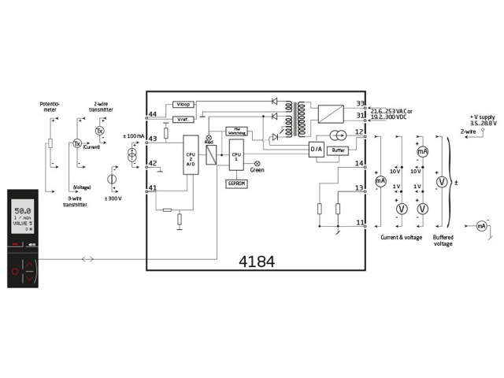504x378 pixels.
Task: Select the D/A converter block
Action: click(316, 149)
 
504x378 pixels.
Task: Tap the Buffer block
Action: click(339, 149)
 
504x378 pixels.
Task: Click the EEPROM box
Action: click(238, 182)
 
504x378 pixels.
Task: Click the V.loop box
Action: click(183, 105)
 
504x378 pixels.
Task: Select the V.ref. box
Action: click(183, 119)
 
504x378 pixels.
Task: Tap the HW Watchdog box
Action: click(236, 130)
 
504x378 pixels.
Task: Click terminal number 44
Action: click(153, 114)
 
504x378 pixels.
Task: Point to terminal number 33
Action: click(361, 103)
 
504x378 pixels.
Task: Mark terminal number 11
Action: click(361, 223)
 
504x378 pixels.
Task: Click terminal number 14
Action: click(360, 163)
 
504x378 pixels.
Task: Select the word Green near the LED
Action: click(258, 169)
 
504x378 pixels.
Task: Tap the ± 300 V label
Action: click(113, 198)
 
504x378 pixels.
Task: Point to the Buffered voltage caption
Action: click(443, 240)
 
